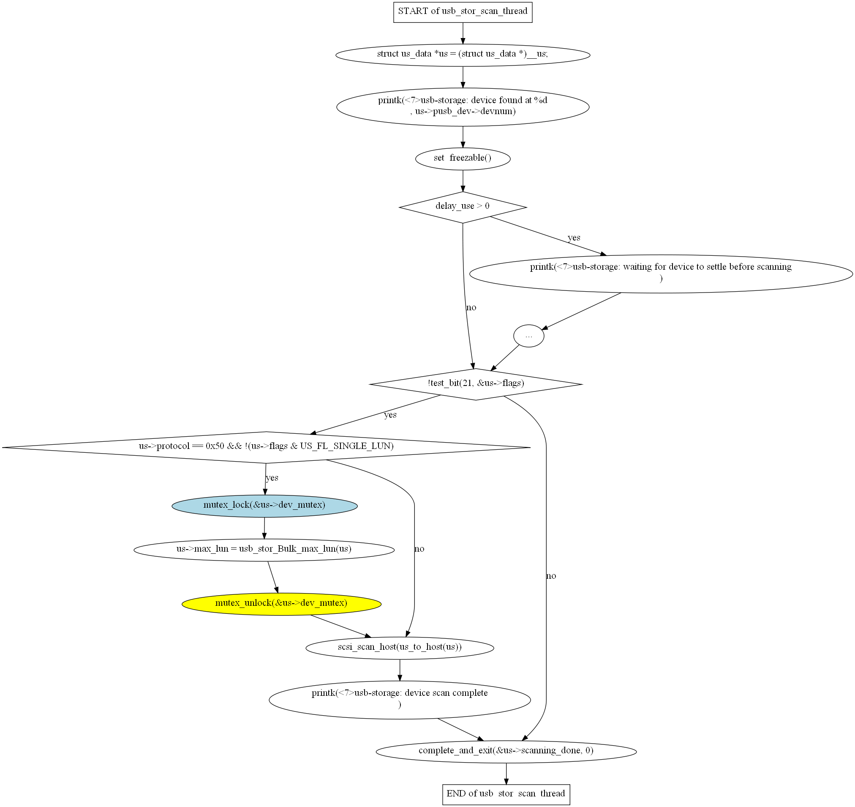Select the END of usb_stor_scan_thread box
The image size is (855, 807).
pos(506,794)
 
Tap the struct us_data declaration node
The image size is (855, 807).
pos(463,55)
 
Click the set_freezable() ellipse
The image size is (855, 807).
pos(463,159)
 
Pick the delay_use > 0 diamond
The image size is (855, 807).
pos(463,207)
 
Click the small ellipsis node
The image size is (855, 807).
pos(528,336)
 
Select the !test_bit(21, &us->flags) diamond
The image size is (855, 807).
pos(476,384)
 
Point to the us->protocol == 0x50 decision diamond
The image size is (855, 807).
pos(266,447)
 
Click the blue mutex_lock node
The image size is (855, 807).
pos(264,506)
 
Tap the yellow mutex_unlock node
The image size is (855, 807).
pos(281,604)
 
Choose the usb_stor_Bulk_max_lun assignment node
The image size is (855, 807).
pos(264,550)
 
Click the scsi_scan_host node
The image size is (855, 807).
pos(400,648)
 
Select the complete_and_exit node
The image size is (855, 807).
pos(506,752)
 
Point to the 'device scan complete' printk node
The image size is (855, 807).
pos(400,700)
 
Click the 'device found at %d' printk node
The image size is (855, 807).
pos(463,107)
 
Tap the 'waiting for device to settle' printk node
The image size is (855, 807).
pos(661,274)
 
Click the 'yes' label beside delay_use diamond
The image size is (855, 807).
pos(574,238)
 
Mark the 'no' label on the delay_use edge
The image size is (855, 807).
pos(471,307)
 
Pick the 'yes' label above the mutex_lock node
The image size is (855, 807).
pos(272,478)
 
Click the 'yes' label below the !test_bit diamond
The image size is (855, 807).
pos(390,415)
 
